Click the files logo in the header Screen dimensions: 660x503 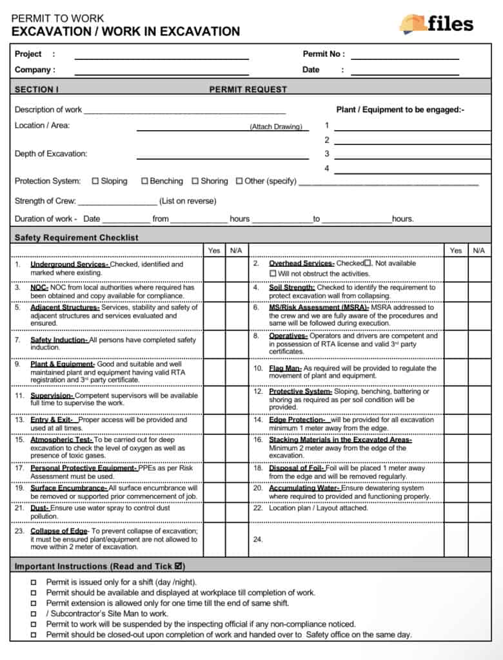tap(436, 24)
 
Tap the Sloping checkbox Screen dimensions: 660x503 tap(95, 181)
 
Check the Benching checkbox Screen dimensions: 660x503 tap(144, 181)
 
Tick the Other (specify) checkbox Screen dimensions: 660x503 tap(239, 181)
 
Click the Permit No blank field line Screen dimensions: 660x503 tap(404, 59)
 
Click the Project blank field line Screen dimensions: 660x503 tap(161, 59)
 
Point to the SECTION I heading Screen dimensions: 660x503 tap(37, 90)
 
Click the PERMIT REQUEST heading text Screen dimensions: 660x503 tap(248, 90)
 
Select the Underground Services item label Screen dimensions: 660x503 tap(70, 264)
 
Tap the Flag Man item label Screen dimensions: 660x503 tap(285, 368)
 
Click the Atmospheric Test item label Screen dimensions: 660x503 tap(62, 440)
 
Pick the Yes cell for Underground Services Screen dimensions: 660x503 tap(214, 268)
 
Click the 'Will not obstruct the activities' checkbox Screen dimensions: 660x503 tap(273, 273)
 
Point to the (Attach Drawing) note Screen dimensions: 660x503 tap(276, 127)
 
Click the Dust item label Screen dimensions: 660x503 tap(40, 508)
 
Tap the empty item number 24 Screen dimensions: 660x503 tap(257, 539)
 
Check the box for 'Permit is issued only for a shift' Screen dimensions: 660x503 tap(34, 582)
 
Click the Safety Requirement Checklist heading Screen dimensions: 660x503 tap(76, 237)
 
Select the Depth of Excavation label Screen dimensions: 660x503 tap(51, 153)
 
